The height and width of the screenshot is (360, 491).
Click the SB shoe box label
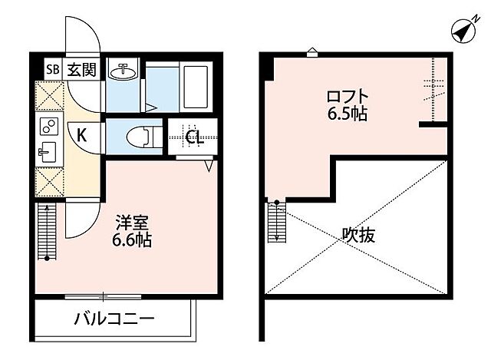(53, 70)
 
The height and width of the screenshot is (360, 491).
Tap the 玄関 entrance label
(80, 70)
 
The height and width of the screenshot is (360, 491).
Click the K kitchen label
(81, 136)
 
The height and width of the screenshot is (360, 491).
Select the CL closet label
(194, 137)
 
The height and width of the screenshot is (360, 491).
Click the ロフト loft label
(347, 97)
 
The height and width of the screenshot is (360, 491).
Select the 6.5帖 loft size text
(347, 115)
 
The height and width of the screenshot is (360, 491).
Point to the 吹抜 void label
(358, 236)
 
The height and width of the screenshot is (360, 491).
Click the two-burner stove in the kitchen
(48, 125)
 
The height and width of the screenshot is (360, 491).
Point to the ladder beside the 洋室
(47, 230)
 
